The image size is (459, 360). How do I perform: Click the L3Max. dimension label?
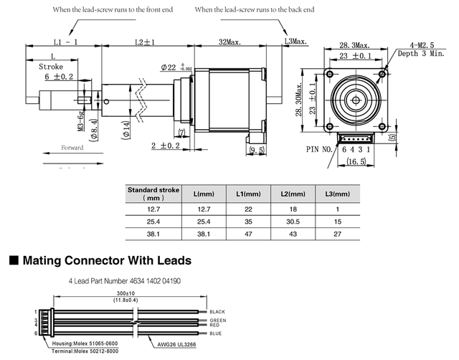click(x=295, y=42)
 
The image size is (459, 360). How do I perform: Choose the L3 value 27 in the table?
click(x=337, y=235)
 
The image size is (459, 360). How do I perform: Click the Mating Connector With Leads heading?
click(x=106, y=260)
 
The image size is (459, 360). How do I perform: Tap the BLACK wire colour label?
click(x=218, y=312)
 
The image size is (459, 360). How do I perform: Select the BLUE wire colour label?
click(x=216, y=333)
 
